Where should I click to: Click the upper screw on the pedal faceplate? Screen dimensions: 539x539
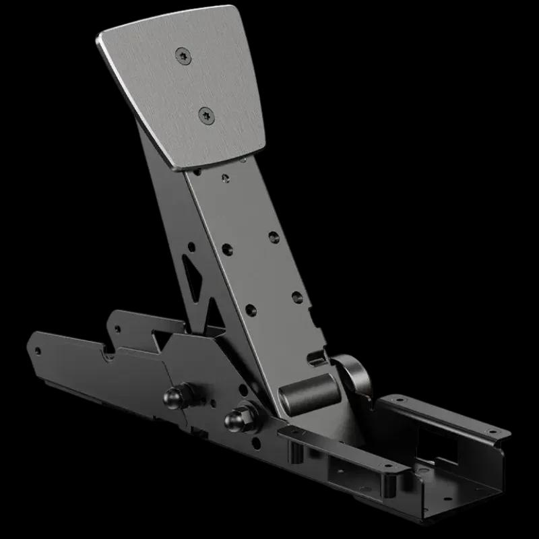[x=184, y=57]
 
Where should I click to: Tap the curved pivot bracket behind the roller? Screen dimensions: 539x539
[x=353, y=373]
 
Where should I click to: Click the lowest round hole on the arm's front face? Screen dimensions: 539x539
[x=251, y=310]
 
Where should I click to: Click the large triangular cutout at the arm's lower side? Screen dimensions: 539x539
[x=215, y=313]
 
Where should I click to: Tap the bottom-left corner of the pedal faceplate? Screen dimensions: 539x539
[x=174, y=168]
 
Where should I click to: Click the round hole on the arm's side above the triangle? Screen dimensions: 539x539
[x=192, y=247]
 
